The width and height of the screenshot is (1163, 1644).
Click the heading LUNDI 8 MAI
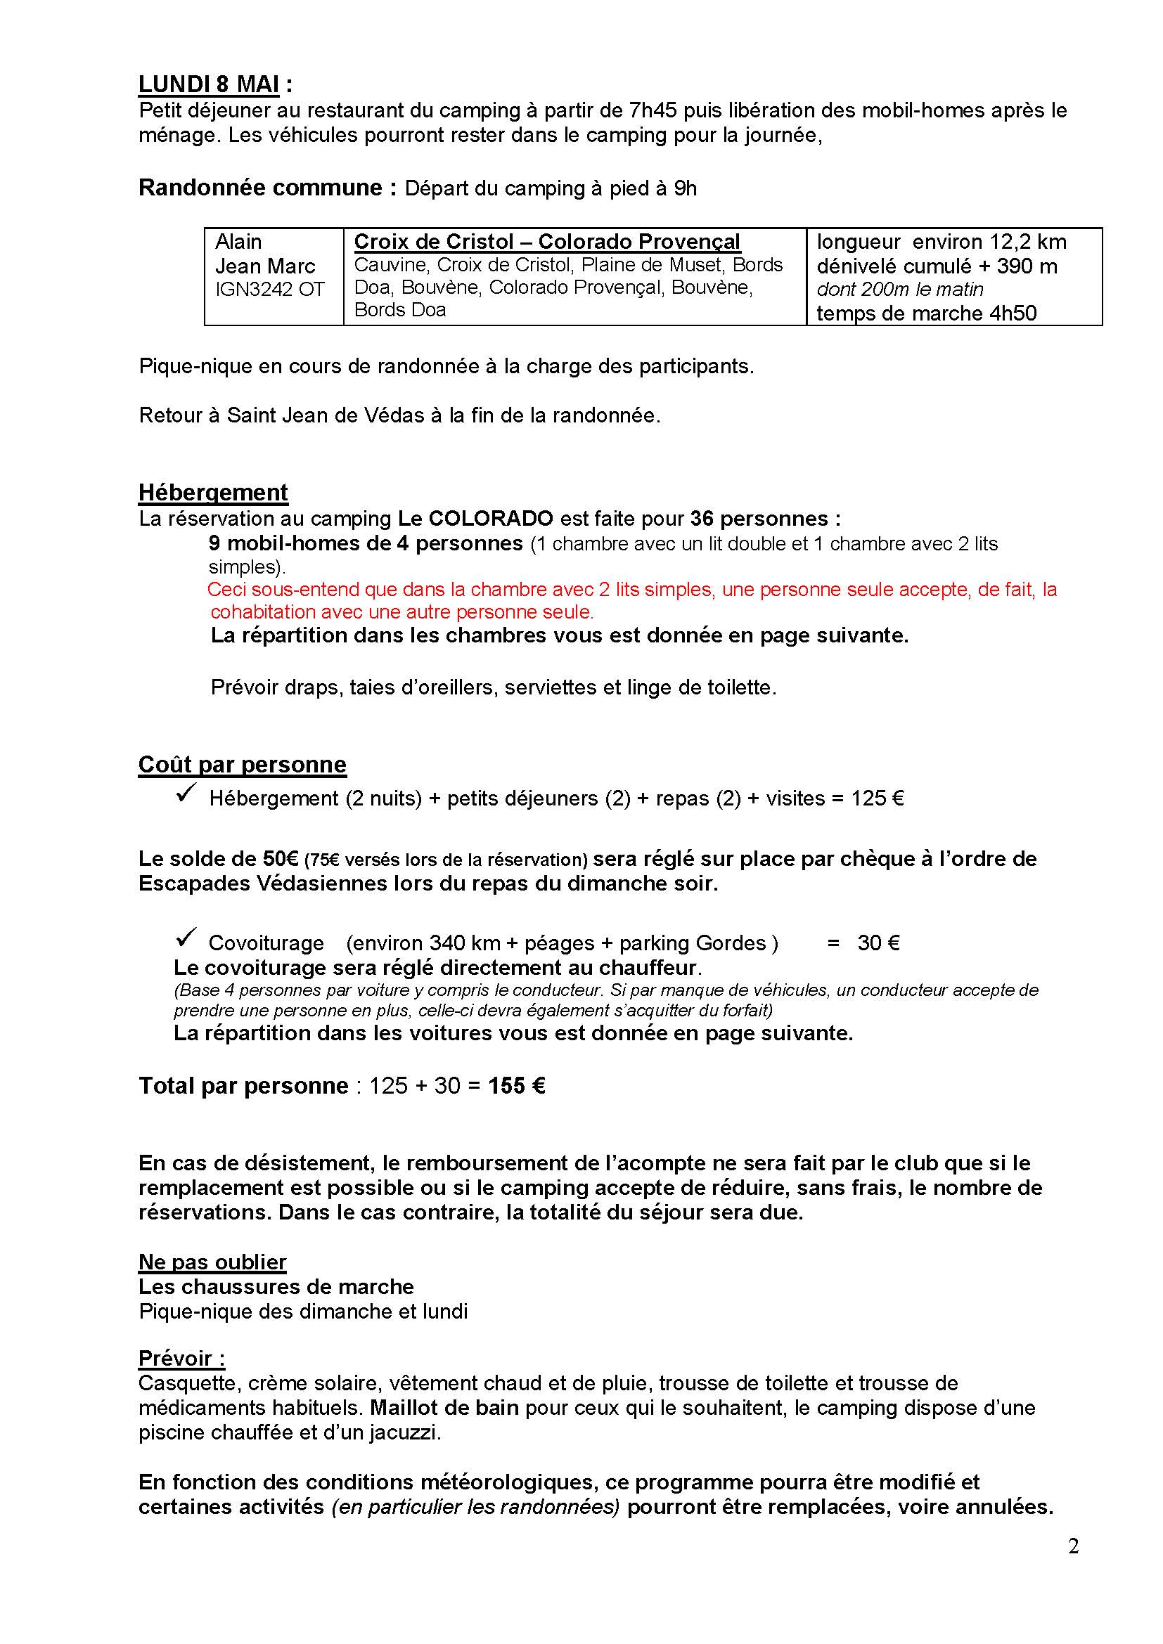coord(208,84)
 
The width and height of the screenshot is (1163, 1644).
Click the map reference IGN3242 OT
coord(270,290)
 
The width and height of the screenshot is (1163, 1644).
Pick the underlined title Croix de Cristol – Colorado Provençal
coord(546,242)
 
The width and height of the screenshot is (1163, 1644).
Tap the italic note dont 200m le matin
coord(899,290)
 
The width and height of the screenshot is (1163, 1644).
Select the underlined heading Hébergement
coord(212,493)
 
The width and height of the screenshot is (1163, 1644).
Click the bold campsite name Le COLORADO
coord(475,518)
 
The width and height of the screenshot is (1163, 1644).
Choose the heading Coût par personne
coord(242,764)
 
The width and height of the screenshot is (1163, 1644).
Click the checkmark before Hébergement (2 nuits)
coord(186,794)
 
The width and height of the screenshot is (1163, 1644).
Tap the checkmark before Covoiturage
coord(186,938)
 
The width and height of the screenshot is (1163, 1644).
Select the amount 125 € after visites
coord(877,798)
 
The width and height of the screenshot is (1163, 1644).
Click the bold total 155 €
coord(516,1085)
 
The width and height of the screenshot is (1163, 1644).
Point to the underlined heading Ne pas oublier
coord(212,1262)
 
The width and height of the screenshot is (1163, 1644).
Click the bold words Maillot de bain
coord(444,1407)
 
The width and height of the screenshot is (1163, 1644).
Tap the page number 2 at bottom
coord(1073,1567)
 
